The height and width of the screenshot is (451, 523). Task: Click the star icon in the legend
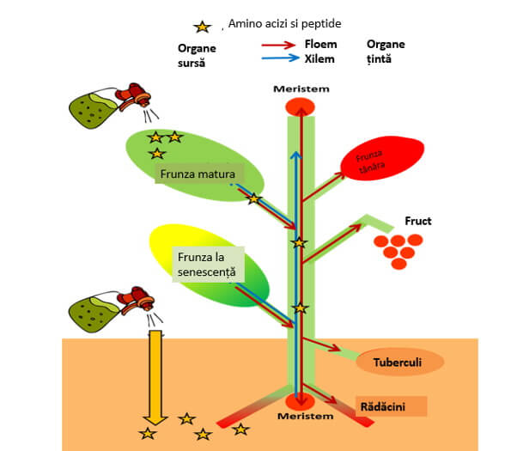click(x=204, y=27)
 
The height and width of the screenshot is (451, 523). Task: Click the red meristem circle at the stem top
click(x=301, y=107)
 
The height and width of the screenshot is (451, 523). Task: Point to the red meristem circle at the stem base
click(x=300, y=400)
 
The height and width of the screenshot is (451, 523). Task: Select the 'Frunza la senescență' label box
click(x=209, y=264)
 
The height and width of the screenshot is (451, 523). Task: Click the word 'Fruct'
click(x=418, y=222)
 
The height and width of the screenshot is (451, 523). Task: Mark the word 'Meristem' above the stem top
click(x=301, y=89)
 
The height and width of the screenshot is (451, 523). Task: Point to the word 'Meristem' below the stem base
click(x=300, y=417)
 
